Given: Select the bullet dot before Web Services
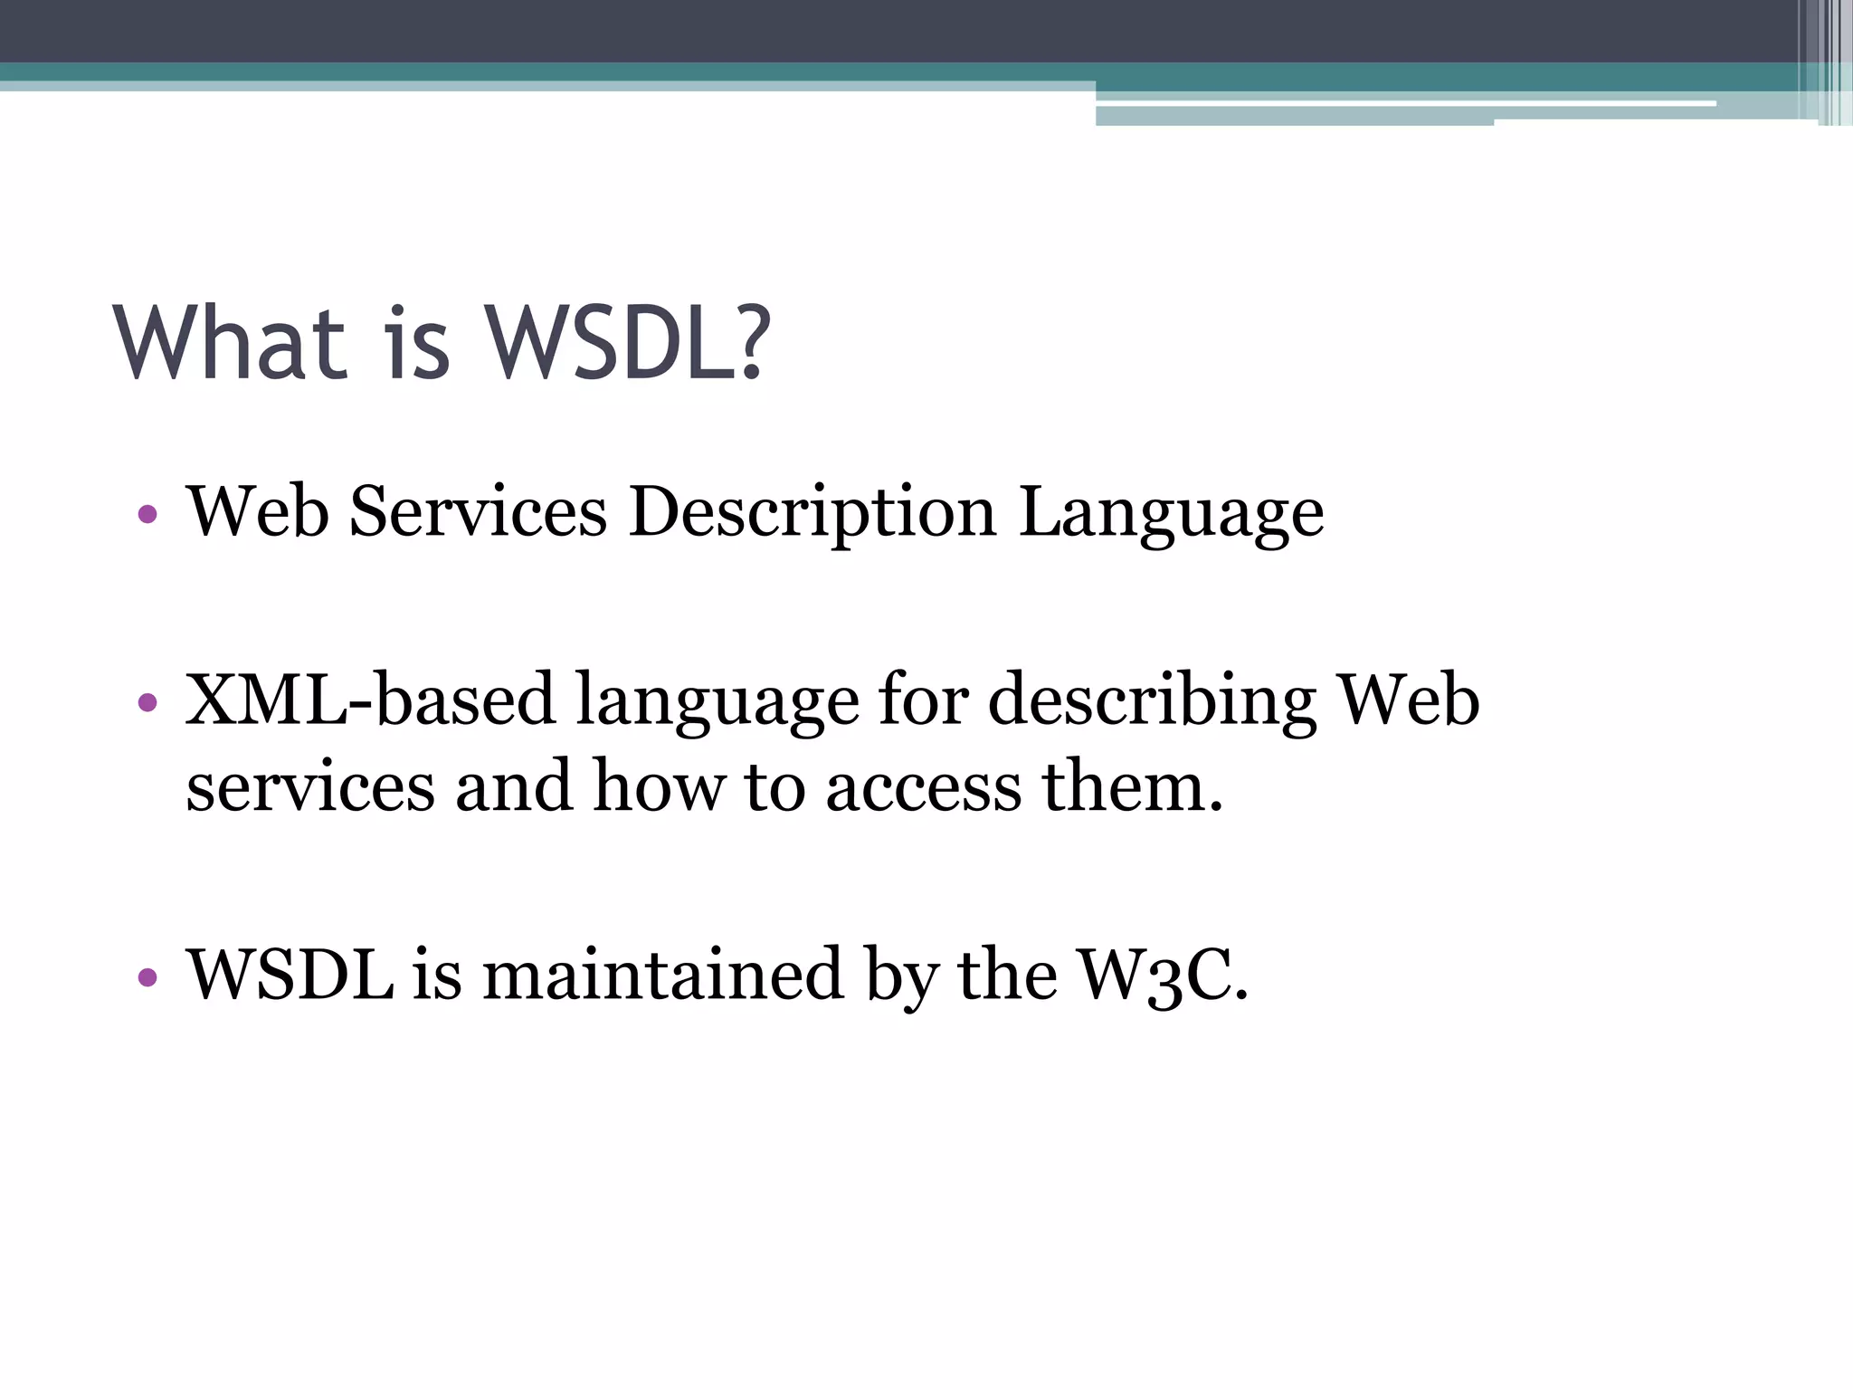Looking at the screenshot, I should [147, 516].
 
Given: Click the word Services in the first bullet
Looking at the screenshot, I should [478, 512].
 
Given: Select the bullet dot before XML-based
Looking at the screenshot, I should [147, 702].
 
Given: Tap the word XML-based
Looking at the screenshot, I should [369, 700].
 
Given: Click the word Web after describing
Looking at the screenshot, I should [1408, 700].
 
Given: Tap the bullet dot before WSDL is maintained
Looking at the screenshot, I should [147, 977].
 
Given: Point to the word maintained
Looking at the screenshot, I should [662, 975].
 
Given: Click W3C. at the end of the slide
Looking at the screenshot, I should [1164, 976].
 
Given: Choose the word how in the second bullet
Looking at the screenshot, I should [659, 785].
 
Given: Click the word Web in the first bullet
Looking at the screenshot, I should [258, 512].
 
